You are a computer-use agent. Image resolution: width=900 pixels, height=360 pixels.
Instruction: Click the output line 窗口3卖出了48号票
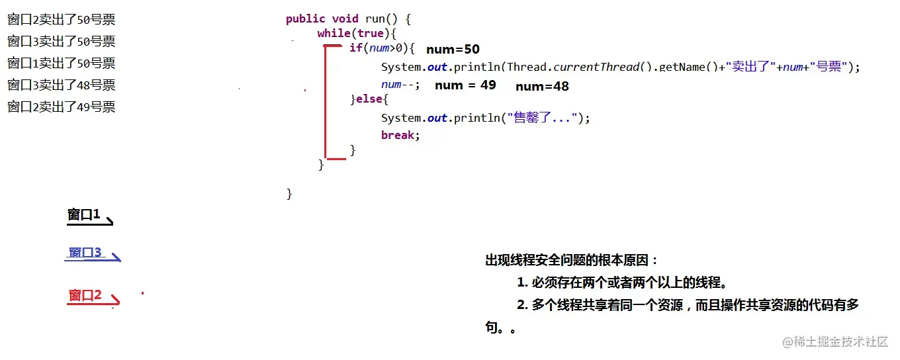point(62,85)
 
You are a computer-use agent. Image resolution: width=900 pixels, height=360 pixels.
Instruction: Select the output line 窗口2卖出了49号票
point(62,107)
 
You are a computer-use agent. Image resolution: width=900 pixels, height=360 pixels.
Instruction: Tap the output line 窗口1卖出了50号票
point(62,63)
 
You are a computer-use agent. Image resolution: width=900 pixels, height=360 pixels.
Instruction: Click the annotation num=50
point(453,50)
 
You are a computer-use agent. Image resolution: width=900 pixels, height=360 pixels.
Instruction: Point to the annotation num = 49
point(465,85)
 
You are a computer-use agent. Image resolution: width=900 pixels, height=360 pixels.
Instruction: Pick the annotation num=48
point(542,86)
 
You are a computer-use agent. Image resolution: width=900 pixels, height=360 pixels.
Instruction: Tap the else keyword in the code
point(369,100)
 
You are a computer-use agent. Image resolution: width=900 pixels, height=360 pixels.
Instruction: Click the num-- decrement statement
point(400,85)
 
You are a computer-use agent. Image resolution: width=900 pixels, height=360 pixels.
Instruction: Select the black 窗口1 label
point(83,214)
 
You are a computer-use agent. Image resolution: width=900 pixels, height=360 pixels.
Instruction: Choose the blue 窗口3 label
point(85,252)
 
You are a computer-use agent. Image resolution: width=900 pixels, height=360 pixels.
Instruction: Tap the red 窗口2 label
point(85,295)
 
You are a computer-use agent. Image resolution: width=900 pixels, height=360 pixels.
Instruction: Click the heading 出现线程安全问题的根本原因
point(572,261)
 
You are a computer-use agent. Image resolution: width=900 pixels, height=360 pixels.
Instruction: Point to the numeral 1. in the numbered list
point(522,283)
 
